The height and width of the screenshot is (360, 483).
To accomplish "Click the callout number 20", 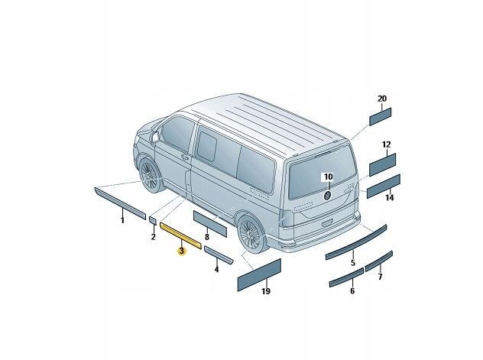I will click(x=381, y=99).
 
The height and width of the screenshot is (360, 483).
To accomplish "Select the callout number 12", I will click(x=386, y=144).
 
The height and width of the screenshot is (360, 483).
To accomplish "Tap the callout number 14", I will click(x=389, y=198).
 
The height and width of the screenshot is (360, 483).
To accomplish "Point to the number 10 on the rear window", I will click(x=327, y=177).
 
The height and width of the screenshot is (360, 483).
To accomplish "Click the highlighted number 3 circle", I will click(x=181, y=251).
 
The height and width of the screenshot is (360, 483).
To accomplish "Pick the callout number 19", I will click(x=266, y=291).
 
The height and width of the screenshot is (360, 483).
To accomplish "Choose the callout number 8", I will click(x=206, y=238).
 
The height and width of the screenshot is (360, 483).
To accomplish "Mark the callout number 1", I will click(x=122, y=219).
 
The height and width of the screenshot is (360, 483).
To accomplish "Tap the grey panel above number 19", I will click(x=260, y=273).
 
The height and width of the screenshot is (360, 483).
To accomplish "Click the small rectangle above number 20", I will click(x=381, y=115).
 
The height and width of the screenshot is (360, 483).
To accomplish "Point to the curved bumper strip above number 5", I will click(x=356, y=241).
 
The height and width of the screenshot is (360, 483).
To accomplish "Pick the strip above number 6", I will click(x=345, y=277).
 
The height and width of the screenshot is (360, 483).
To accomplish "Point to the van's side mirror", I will click(x=156, y=137).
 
